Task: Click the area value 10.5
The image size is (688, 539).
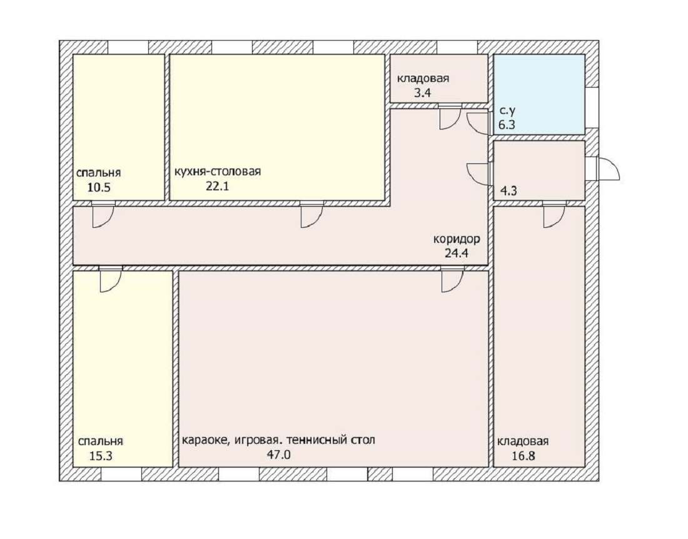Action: (x=99, y=188)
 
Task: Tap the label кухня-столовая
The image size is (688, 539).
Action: (x=218, y=172)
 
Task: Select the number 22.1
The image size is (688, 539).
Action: (x=218, y=187)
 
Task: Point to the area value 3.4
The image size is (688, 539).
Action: (x=423, y=93)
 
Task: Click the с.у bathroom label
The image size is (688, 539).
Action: (x=508, y=111)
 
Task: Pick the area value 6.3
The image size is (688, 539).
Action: (x=507, y=125)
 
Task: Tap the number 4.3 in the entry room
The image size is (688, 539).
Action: (x=508, y=191)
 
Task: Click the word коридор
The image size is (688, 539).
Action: (x=457, y=239)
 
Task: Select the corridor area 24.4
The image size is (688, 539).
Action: (x=457, y=254)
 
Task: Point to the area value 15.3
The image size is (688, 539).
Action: (x=101, y=456)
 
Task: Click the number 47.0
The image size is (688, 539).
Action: (x=279, y=454)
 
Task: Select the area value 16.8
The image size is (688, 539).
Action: (x=524, y=456)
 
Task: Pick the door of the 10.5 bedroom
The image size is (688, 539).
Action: (x=103, y=214)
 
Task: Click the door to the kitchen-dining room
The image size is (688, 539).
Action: (x=312, y=214)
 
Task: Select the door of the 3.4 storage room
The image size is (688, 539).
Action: (x=450, y=117)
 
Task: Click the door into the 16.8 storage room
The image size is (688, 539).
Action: (x=554, y=214)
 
